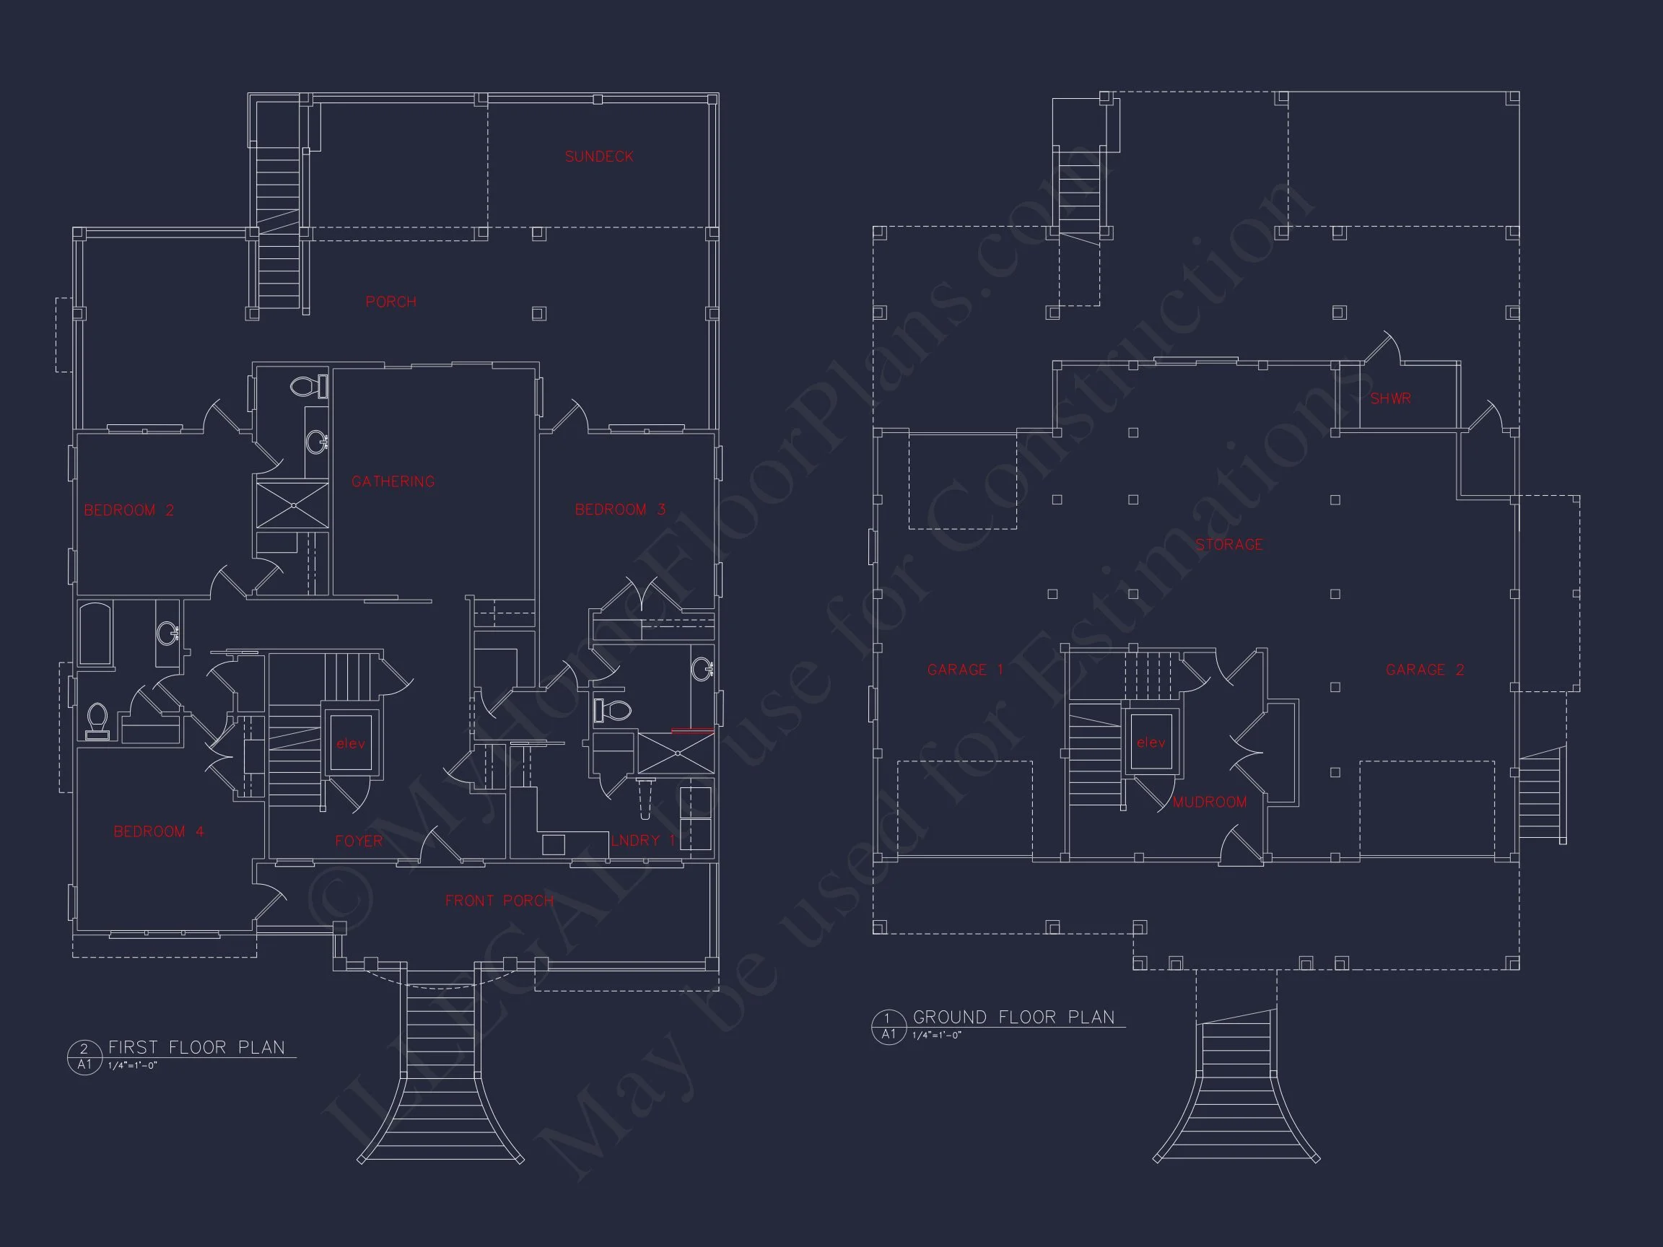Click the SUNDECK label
point(599,157)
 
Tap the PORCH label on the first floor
point(391,302)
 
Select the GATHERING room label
point(393,481)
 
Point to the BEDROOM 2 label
point(128,510)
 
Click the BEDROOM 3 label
point(620,509)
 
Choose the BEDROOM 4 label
point(159,831)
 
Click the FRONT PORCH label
point(499,901)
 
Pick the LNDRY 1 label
point(643,840)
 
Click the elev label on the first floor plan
point(351,743)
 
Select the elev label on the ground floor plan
point(1151,743)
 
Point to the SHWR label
point(1390,398)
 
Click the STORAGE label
point(1229,544)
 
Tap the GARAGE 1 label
point(965,670)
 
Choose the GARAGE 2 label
point(1425,670)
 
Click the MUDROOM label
point(1210,802)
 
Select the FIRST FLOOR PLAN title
point(196,1047)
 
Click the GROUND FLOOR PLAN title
point(1013,1017)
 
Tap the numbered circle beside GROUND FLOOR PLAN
point(889,1027)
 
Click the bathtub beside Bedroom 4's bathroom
point(95,634)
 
